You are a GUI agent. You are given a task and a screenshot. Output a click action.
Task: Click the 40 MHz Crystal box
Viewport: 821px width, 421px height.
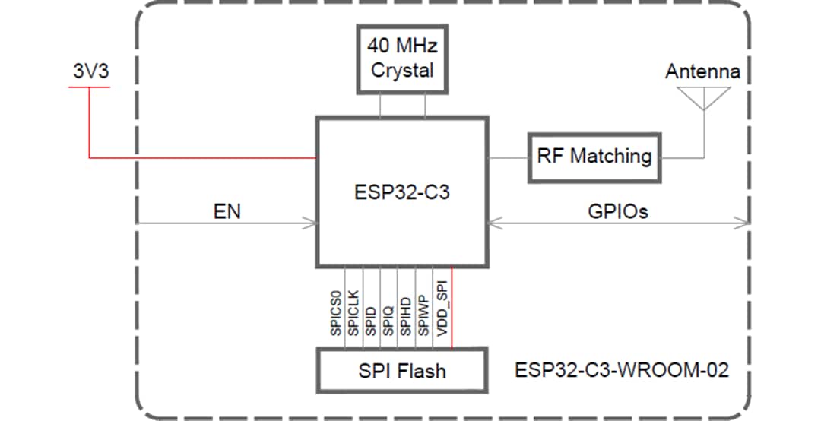[x=402, y=59]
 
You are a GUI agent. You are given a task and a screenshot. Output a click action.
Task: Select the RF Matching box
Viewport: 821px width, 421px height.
[x=594, y=157]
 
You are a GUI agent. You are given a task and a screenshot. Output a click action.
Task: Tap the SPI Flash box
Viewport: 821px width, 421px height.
[x=402, y=371]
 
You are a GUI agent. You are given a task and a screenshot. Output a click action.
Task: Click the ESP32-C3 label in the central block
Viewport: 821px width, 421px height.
[x=402, y=192]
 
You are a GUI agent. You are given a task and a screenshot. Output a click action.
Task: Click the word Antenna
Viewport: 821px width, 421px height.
[x=702, y=72]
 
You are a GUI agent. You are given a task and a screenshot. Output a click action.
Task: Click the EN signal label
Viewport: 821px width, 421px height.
[x=227, y=212]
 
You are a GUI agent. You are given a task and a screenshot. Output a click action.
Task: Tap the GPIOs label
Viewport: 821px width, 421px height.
[x=618, y=212]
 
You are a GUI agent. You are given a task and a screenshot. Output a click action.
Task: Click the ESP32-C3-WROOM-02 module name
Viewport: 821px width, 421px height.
[x=622, y=371]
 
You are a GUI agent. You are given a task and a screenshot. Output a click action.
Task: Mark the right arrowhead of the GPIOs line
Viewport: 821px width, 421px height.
[x=743, y=223]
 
